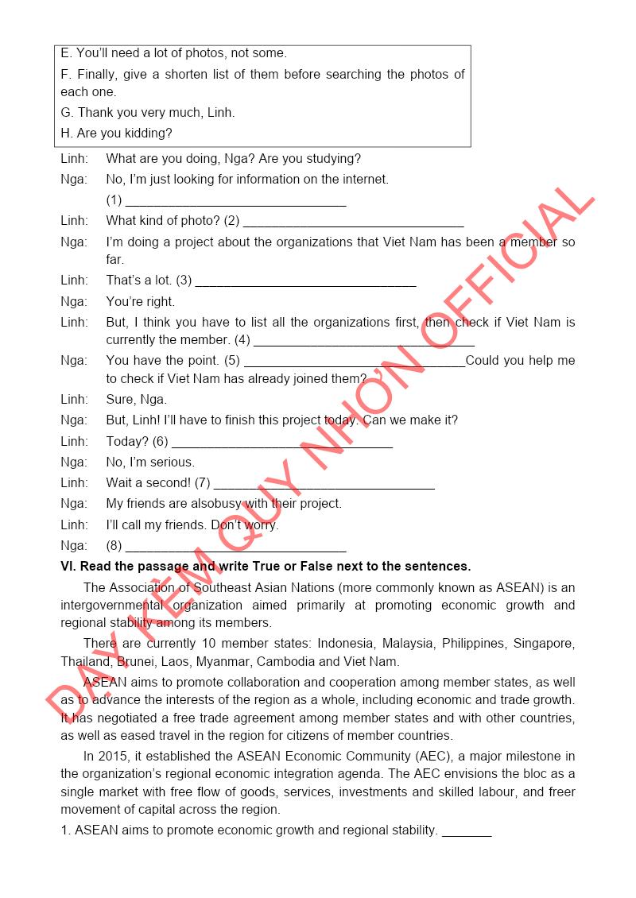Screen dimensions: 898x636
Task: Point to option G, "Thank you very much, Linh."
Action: point(147,113)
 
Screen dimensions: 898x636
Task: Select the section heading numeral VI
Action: point(68,567)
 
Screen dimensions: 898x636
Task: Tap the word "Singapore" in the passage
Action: point(544,643)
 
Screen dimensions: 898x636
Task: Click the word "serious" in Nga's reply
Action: point(174,463)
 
